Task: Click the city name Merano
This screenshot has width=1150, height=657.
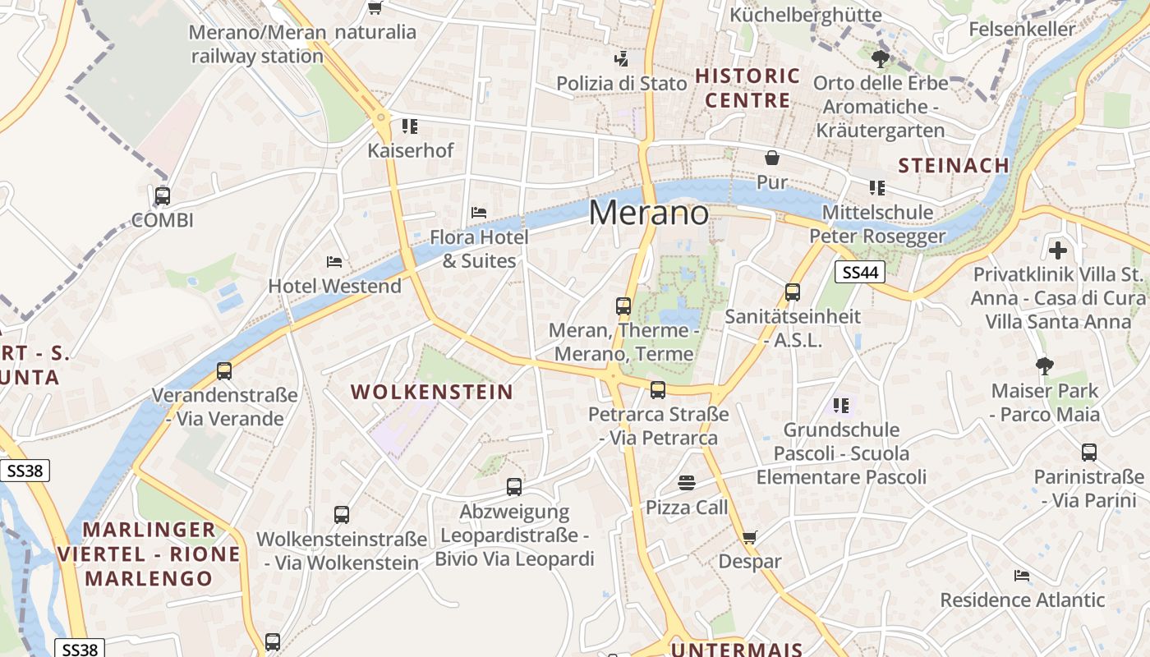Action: point(649,214)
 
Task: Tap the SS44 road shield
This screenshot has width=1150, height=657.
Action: point(860,273)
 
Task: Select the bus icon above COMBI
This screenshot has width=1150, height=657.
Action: point(163,196)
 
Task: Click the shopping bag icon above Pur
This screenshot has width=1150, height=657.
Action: point(772,158)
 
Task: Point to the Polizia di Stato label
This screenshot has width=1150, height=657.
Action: point(621,83)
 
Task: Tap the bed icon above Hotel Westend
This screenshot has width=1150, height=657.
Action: point(334,262)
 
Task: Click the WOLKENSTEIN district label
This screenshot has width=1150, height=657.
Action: point(432,392)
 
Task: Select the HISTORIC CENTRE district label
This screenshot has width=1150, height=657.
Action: point(747,88)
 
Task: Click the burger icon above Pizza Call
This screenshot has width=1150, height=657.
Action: point(687,483)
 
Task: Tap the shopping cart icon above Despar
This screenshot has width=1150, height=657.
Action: point(749,537)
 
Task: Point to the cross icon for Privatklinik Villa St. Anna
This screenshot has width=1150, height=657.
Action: point(1058,249)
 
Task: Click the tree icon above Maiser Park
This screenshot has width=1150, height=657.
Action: point(1044,365)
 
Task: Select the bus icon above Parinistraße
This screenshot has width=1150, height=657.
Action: point(1089,452)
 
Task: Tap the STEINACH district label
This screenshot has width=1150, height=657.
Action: point(954,165)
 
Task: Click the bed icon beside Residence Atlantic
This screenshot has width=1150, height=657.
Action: point(1022,576)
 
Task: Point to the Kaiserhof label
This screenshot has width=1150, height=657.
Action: point(410,150)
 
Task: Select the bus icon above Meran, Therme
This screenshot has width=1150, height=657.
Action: point(623,306)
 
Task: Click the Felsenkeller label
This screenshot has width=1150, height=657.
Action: point(1022,30)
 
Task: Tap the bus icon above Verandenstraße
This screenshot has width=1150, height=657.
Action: point(224,370)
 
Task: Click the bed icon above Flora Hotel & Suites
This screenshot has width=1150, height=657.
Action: point(479,213)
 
